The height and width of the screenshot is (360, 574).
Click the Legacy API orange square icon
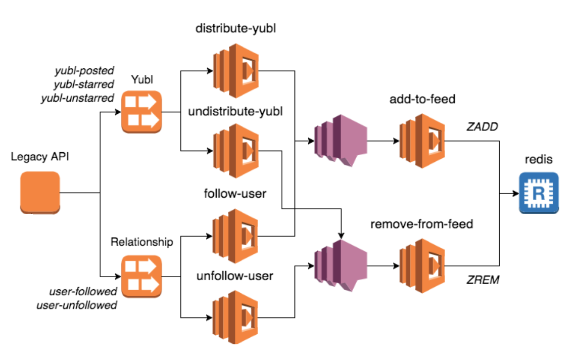pos(40,192)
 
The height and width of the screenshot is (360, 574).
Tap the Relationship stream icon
pos(141,276)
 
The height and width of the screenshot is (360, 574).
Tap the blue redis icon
pos(539,193)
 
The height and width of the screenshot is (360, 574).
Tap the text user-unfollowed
pos(77,305)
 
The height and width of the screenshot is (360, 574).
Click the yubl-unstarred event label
pos(77,98)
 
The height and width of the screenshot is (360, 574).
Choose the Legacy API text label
pos(40,157)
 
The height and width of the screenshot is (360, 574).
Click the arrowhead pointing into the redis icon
pos(515,193)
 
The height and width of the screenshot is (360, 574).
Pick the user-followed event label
pos(83,292)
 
